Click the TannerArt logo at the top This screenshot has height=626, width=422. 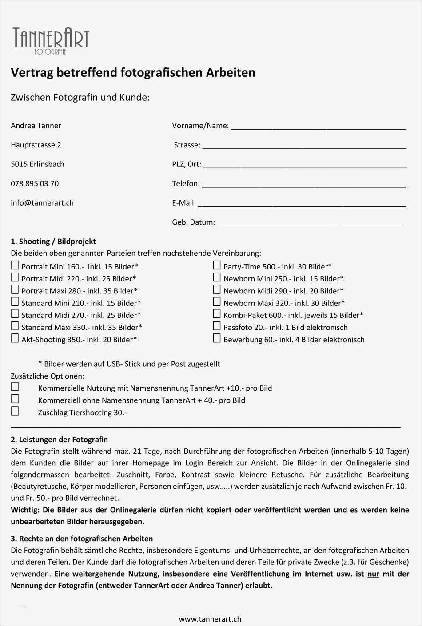[51, 40]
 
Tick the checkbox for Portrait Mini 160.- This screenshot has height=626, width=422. [15, 265]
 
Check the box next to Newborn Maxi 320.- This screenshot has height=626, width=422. [217, 302]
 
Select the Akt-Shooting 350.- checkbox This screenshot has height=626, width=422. [15, 338]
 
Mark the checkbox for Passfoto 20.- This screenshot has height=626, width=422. [217, 326]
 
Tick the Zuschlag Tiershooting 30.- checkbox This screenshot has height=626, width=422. [15, 411]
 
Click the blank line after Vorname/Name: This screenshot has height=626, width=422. [318, 126]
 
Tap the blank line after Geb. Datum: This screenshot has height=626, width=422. [311, 222]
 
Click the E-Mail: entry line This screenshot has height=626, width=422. [302, 203]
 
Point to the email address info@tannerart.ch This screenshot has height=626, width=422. [42, 203]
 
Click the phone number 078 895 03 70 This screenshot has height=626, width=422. [35, 183]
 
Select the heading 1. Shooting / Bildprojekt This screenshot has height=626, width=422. [53, 242]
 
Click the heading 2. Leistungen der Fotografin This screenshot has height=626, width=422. [59, 440]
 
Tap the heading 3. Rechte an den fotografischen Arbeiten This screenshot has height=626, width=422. [82, 539]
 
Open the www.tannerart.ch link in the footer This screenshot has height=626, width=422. [210, 618]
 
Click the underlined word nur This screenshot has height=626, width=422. [373, 574]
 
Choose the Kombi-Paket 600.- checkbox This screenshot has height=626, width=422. [217, 314]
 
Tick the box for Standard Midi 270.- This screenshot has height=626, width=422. [15, 314]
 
